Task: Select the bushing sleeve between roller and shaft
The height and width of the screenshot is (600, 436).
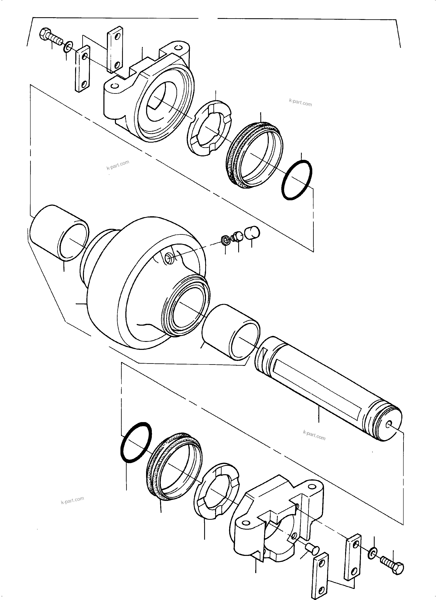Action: click(231, 332)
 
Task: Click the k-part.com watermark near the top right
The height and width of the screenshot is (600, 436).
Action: click(300, 102)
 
